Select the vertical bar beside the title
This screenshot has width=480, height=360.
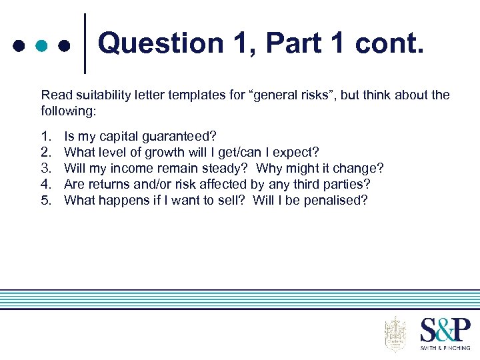coord(85,43)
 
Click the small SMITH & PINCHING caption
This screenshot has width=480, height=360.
coord(445,347)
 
